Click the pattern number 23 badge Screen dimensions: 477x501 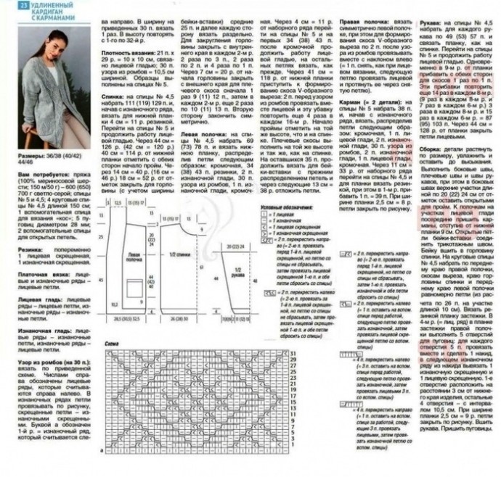coord(5,6)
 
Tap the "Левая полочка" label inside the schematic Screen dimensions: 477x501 coord(132,257)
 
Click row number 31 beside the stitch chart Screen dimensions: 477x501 coord(294,352)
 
